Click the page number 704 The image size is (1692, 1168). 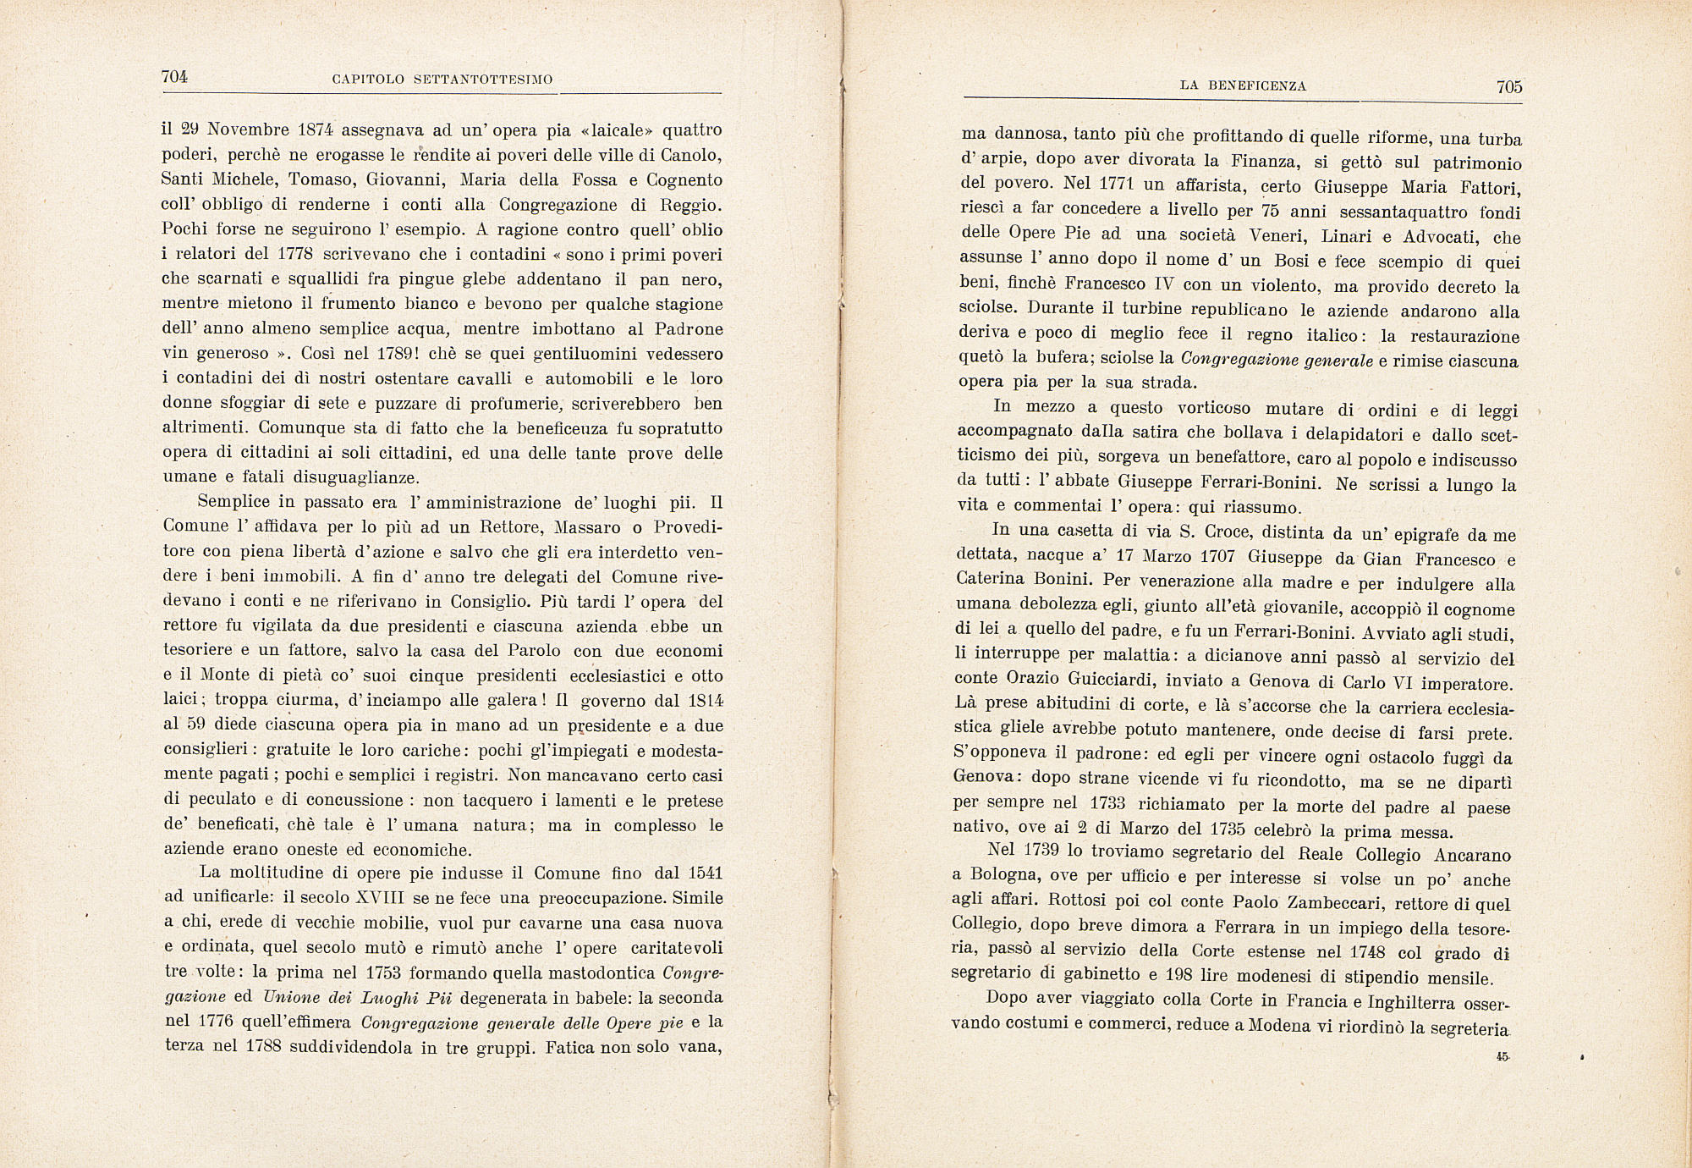point(173,76)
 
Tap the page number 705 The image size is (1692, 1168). point(1508,86)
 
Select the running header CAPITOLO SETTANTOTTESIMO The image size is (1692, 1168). point(442,80)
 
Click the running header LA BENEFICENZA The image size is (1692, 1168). point(1243,85)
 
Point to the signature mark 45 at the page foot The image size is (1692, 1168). point(1502,1056)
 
